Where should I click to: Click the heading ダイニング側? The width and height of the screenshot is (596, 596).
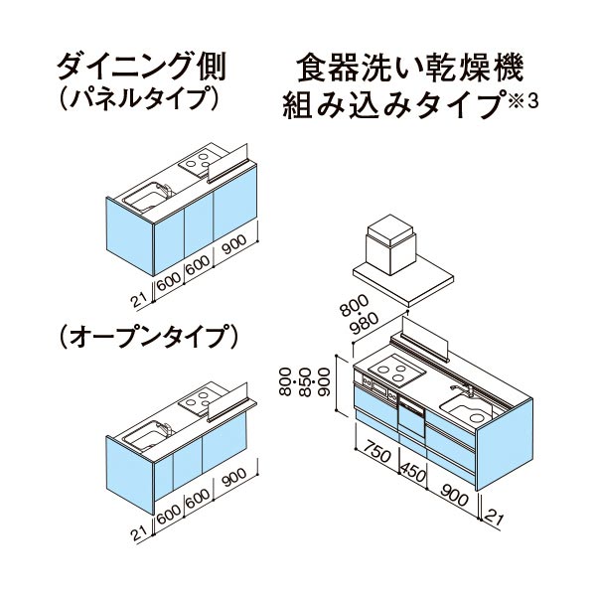(x=141, y=67)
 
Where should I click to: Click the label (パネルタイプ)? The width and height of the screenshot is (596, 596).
(x=139, y=98)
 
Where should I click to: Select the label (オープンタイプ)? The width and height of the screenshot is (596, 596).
(x=149, y=337)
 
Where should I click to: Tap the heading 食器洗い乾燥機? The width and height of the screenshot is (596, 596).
(x=411, y=68)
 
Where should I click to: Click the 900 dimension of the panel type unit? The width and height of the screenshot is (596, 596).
(x=234, y=243)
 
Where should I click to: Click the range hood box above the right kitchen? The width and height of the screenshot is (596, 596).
(x=390, y=244)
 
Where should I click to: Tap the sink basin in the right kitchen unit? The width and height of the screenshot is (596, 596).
(x=467, y=411)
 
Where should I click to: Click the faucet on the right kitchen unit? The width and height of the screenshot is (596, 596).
(x=462, y=390)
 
